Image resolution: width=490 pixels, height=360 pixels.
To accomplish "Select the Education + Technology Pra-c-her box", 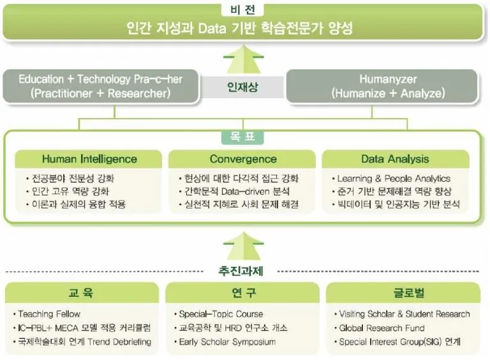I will (100, 86).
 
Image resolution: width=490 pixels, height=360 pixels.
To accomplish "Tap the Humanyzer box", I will (387, 86).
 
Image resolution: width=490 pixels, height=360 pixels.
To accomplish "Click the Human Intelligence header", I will (89, 159).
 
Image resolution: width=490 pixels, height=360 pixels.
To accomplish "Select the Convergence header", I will (242, 159).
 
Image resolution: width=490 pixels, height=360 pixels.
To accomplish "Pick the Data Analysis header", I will (395, 159).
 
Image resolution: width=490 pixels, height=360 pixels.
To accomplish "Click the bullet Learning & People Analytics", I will (394, 179).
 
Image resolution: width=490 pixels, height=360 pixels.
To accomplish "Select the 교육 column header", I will (82, 293).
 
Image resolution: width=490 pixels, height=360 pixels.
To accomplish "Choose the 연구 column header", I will (242, 293).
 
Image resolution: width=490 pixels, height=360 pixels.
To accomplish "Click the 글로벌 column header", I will (403, 293).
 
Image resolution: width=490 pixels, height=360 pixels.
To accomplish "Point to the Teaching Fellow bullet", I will (50, 314).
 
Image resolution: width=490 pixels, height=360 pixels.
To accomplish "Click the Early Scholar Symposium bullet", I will (227, 342).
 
